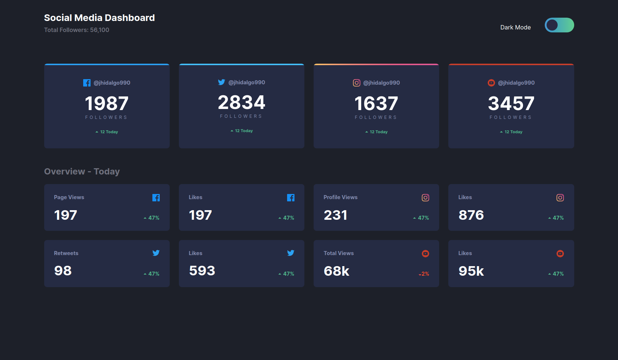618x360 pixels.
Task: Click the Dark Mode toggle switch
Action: click(x=559, y=25)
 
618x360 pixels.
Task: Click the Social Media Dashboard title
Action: click(x=99, y=18)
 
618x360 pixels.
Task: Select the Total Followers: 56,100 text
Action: click(x=77, y=30)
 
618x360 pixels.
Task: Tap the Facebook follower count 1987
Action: click(x=107, y=103)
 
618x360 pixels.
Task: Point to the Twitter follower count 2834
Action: click(x=241, y=102)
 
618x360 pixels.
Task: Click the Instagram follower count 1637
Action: click(x=376, y=103)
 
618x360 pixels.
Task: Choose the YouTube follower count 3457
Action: click(x=511, y=103)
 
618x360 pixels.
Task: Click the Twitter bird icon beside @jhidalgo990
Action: click(x=221, y=82)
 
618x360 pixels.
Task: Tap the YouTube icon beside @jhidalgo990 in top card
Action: click(x=491, y=83)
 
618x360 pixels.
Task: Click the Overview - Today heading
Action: click(x=82, y=172)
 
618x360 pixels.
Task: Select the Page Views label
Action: click(x=69, y=197)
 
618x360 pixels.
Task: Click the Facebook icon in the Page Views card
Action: click(x=156, y=198)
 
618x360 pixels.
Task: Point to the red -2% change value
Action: click(x=424, y=274)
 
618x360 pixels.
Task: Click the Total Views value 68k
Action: click(x=336, y=271)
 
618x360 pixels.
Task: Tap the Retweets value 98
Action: click(x=63, y=271)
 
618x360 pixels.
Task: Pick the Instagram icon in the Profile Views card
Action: click(x=425, y=198)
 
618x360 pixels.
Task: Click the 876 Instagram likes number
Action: click(x=471, y=215)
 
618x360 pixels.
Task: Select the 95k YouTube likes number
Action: click(x=471, y=271)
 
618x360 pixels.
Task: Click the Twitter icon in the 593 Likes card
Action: click(x=291, y=253)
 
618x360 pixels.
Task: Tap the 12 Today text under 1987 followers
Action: click(x=109, y=132)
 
